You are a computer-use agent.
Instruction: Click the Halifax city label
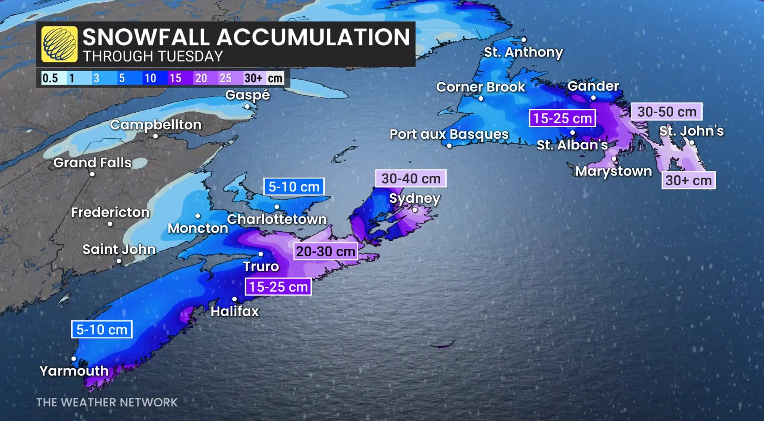pos(235,311)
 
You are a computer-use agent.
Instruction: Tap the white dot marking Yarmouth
pos(73,359)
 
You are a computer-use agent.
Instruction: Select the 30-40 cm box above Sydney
pos(411,179)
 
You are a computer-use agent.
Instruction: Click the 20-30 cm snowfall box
pos(326,251)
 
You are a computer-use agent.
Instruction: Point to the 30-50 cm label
pos(666,112)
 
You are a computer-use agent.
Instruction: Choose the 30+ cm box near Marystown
pos(688,180)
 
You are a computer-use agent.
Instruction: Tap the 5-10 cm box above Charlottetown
pos(294,187)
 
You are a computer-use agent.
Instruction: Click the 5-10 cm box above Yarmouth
pos(102,330)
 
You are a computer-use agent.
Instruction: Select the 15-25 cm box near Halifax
pos(278,287)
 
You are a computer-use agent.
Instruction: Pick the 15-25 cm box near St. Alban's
pos(562,119)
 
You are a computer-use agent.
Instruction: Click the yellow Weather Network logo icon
pos(59,44)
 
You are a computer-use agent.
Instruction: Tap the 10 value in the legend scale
pos(150,78)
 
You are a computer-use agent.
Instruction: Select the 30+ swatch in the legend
pos(253,78)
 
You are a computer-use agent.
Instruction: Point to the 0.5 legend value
pos(50,78)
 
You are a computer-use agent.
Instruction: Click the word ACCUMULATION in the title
pos(313,37)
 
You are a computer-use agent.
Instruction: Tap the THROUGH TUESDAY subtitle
pos(153,56)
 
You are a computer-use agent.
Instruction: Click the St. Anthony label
pos(523,52)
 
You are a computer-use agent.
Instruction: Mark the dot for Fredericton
pos(110,224)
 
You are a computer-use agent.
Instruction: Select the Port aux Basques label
pos(449,134)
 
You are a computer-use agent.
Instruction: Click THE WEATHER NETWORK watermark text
pos(107,402)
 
